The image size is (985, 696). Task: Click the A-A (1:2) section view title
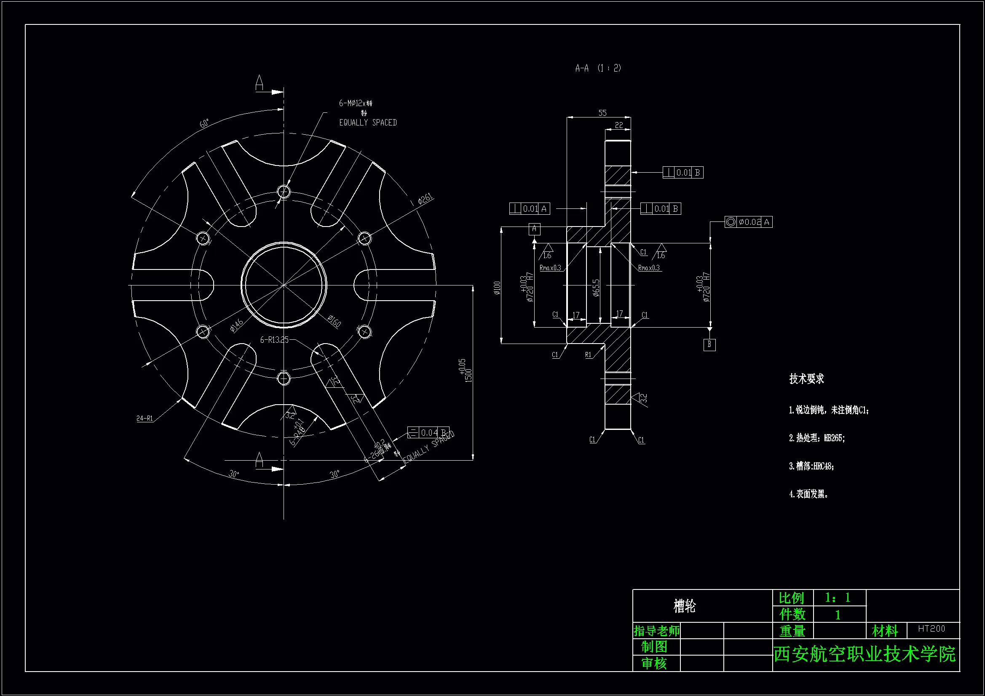(598, 68)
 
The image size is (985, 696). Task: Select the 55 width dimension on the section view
(602, 113)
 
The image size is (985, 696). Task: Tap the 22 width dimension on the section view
(618, 125)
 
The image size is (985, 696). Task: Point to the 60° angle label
(204, 123)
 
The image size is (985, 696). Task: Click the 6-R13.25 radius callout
(274, 340)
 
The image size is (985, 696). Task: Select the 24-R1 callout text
(145, 418)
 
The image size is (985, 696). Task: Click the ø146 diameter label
(236, 325)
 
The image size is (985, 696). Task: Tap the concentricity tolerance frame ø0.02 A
(748, 222)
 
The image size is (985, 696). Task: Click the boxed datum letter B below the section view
(709, 344)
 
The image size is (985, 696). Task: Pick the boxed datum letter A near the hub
(534, 229)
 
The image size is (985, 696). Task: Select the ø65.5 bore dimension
(596, 287)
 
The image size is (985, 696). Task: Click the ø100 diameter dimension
(497, 287)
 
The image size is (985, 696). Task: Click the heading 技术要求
(806, 379)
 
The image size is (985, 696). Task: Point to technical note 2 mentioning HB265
(816, 438)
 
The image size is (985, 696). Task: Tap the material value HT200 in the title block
(931, 629)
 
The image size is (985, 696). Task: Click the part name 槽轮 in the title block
(684, 606)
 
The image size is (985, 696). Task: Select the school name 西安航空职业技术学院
(865, 654)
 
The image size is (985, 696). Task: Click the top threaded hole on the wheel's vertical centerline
(284, 191)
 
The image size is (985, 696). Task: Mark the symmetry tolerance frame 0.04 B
(428, 432)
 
